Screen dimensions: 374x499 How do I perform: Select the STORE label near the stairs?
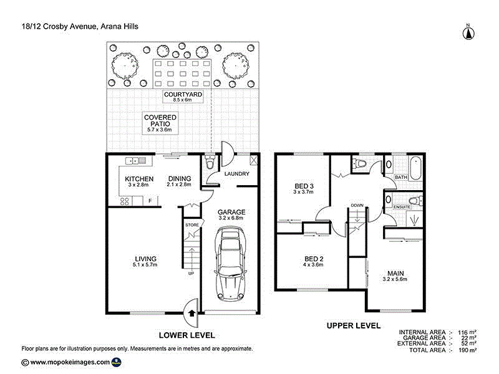point(191,225)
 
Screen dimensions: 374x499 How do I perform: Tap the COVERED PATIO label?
point(160,120)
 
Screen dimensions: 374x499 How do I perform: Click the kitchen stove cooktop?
point(124,201)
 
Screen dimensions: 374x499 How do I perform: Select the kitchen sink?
point(135,161)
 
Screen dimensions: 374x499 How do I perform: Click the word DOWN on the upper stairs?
point(357,205)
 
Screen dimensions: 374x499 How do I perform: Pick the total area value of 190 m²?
point(468,351)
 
